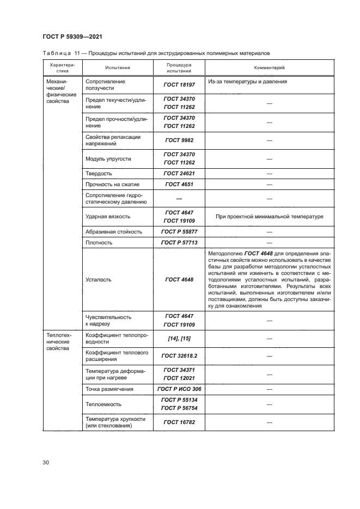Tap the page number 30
46,463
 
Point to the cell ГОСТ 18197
179,85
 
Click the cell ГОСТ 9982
179,140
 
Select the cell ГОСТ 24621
179,173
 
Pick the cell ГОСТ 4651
179,185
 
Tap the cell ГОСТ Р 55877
179,231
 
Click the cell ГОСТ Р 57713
179,242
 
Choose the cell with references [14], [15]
179,338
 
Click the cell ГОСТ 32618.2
179,355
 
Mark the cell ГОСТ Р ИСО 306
179,389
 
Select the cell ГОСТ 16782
179,422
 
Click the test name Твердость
99,173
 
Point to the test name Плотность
99,242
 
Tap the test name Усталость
99,279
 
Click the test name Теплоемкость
103,404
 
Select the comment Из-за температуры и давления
247,82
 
